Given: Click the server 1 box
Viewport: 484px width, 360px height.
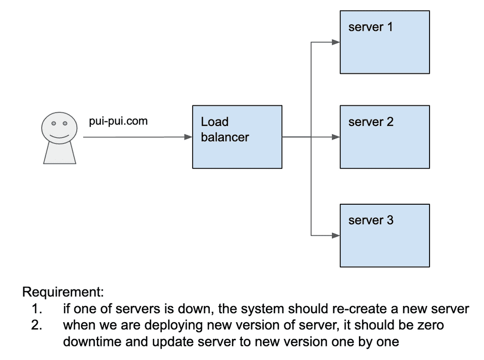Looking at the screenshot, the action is (x=385, y=42).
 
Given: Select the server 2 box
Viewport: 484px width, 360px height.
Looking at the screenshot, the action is (x=385, y=137).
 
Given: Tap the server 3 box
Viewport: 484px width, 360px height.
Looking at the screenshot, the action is (x=385, y=235).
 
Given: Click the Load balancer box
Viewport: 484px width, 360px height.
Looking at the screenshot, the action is (x=237, y=137).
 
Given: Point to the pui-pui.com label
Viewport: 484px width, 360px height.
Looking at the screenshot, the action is (x=118, y=121).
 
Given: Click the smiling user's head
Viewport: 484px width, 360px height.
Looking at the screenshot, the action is (x=59, y=128).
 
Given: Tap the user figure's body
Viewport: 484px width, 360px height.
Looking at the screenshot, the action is (x=59, y=153).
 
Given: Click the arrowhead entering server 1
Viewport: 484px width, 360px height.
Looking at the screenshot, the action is (x=336, y=42).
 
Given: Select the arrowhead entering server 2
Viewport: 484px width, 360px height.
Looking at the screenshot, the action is (x=336, y=137).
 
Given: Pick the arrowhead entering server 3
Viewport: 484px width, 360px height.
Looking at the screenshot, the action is (x=336, y=235).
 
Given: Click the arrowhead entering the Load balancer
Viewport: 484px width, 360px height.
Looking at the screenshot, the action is (x=188, y=137).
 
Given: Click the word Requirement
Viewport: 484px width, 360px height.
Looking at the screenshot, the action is (x=63, y=292).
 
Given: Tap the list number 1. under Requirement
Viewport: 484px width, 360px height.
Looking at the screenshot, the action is (x=37, y=309).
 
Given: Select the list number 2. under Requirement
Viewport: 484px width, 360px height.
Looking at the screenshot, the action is (x=37, y=325).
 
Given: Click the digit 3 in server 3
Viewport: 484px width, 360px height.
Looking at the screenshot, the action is (x=390, y=220).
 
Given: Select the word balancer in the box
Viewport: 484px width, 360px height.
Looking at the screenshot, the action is (x=225, y=137).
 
